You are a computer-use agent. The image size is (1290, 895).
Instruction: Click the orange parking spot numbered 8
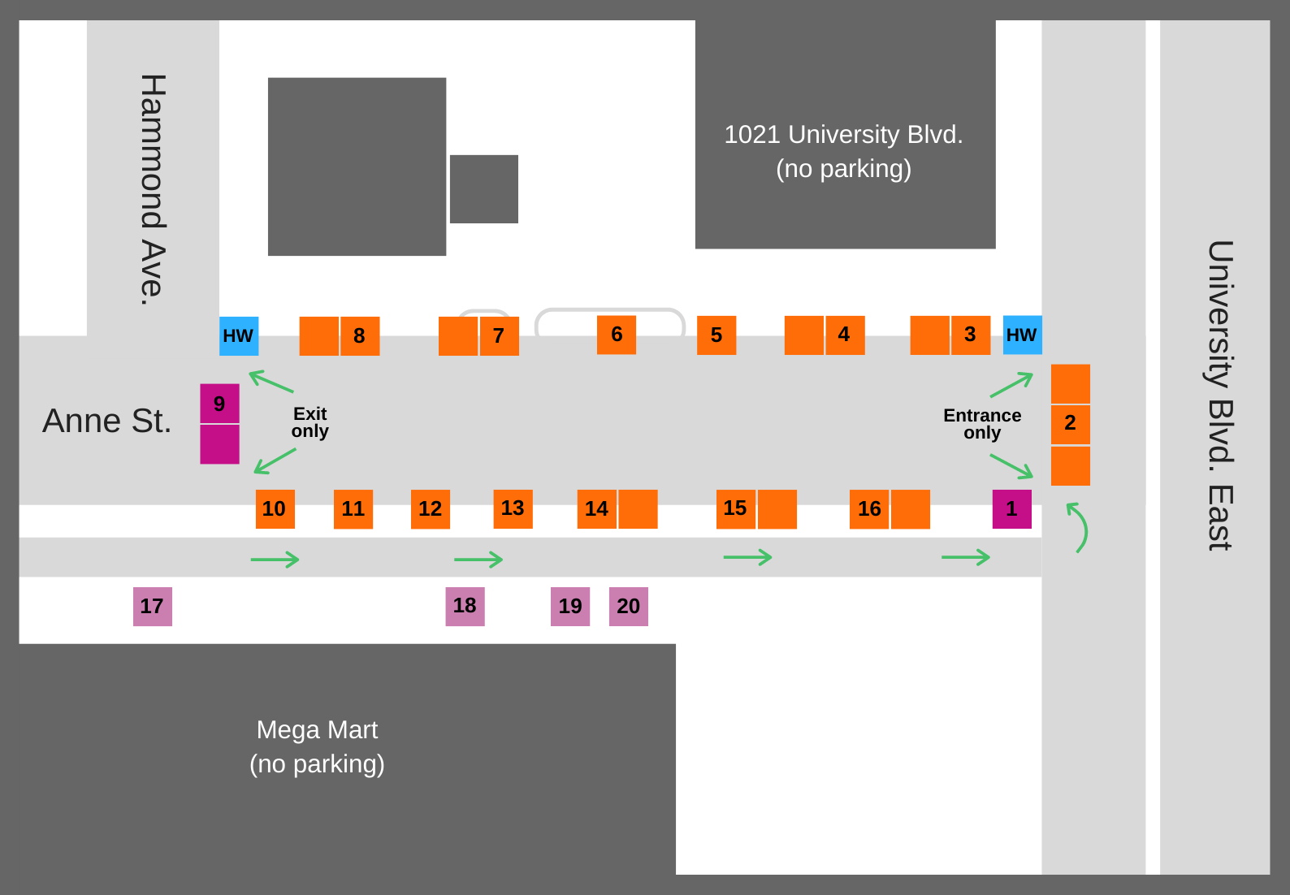[360, 335]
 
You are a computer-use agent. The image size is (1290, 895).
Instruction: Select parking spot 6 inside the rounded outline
[617, 335]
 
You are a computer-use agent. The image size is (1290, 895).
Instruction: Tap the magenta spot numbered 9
[219, 403]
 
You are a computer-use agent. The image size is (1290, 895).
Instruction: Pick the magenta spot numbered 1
[1012, 509]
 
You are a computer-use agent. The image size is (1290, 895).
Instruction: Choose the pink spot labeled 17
[153, 607]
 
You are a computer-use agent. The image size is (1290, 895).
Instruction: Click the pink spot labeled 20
[629, 607]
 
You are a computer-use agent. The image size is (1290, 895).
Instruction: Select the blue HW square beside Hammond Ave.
[239, 335]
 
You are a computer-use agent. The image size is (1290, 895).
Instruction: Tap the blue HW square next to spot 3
[1023, 335]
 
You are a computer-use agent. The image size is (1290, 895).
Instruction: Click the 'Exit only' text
[310, 422]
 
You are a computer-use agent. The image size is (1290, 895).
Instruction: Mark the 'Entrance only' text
[982, 424]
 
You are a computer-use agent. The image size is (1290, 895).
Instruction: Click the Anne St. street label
[107, 421]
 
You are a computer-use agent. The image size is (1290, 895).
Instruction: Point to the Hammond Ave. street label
[154, 189]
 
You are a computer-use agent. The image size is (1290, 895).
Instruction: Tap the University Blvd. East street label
[1220, 395]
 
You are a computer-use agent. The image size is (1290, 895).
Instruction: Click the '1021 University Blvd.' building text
[844, 135]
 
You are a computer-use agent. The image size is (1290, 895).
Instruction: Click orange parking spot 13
[513, 509]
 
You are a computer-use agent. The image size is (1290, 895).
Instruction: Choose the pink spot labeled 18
[465, 607]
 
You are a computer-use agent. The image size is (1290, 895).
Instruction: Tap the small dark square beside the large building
[484, 189]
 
